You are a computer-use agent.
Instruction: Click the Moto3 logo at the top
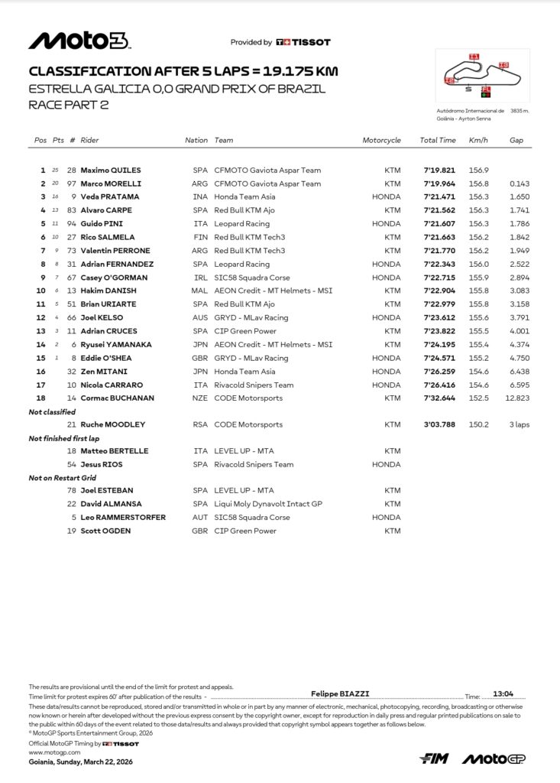tap(78, 41)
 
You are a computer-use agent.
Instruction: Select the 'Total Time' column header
tap(438, 141)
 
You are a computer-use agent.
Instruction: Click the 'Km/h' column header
tap(479, 141)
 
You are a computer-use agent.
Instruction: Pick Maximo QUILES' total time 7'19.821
tap(439, 171)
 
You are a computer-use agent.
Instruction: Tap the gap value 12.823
tap(517, 398)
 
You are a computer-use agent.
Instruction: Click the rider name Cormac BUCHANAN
tap(117, 398)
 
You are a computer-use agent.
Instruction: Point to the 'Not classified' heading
tap(51, 411)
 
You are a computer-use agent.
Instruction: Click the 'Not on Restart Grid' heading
tap(63, 478)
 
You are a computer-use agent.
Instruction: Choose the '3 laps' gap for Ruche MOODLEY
tap(520, 424)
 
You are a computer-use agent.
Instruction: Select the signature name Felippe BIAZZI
tap(340, 694)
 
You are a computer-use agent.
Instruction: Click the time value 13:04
tap(503, 694)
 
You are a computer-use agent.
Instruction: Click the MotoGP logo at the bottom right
tap(494, 759)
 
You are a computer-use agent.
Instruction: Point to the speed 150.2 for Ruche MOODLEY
tap(479, 424)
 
